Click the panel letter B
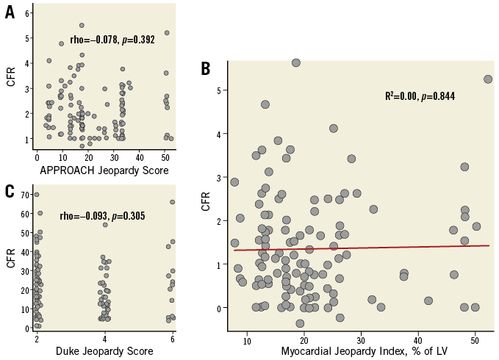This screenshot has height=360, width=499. coord(207,68)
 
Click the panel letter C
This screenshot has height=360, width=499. coord(10,191)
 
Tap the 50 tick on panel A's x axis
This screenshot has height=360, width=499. coord(166,156)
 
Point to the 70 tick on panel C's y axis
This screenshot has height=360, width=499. coord(24,195)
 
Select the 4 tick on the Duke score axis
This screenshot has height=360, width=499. coord(104,336)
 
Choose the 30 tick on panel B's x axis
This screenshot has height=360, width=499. coord(361,341)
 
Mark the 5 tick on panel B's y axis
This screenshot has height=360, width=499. coord(218,90)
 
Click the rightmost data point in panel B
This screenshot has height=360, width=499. coord(488,79)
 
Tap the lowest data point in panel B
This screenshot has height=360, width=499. coord(300,323)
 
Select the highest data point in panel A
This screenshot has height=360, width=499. coord(82,25)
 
